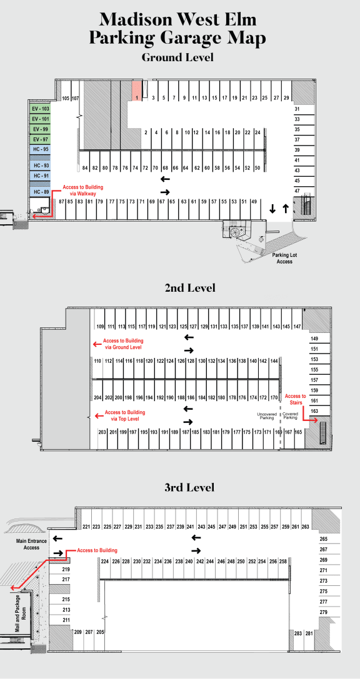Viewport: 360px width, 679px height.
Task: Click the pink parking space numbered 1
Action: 137,91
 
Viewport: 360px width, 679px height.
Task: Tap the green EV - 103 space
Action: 40,108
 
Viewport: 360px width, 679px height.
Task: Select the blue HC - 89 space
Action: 40,191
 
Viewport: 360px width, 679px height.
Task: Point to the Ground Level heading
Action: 177,57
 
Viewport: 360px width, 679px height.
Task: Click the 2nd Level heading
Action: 190,287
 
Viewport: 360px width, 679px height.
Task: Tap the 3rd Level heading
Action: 189,487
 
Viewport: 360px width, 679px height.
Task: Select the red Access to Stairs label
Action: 296,399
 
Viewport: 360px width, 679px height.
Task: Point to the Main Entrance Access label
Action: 27,544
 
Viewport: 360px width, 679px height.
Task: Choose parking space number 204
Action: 97,397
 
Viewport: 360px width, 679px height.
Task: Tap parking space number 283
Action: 298,633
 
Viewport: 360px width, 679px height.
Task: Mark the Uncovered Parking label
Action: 267,416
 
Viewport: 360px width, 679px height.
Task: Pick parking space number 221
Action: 86,527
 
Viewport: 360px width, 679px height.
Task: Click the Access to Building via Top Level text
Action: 125,416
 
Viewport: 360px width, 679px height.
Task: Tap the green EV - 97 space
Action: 40,139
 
